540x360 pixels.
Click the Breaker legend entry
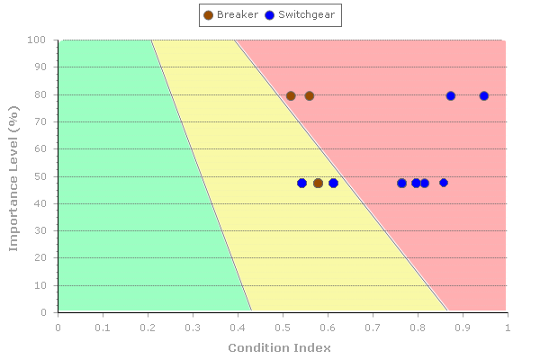point(231,14)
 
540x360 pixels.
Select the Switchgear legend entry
point(301,14)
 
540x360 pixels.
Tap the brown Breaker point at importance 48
point(319,184)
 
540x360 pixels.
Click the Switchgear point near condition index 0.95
point(484,96)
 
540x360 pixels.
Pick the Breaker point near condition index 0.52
point(291,96)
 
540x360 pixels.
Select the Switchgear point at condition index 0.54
point(302,184)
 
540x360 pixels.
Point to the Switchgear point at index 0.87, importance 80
point(451,96)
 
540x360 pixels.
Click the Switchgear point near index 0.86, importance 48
point(444,184)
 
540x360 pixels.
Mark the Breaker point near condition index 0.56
point(310,96)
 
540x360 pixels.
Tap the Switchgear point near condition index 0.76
point(402,184)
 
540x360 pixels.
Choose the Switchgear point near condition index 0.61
point(334,184)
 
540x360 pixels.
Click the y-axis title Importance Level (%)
point(14,175)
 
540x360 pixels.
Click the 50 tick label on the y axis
point(40,176)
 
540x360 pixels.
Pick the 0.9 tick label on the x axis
point(463,328)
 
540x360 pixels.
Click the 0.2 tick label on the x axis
point(148,328)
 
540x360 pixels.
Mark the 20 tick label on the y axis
point(40,258)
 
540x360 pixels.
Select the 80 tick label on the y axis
point(40,94)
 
